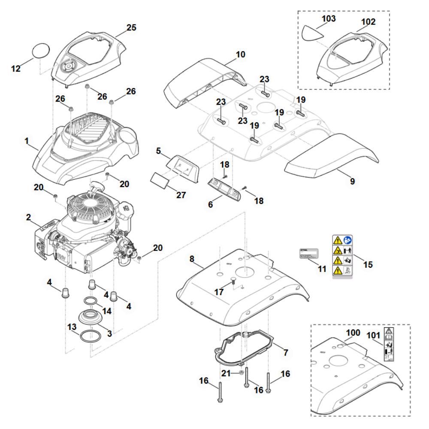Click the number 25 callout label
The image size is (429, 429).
132,27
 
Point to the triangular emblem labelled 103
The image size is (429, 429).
313,32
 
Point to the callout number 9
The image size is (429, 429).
352,181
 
